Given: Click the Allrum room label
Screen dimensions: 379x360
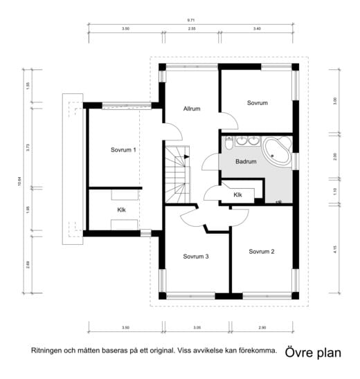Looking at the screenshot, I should (x=192, y=109).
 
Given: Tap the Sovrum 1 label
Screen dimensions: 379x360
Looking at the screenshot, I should (x=123, y=149).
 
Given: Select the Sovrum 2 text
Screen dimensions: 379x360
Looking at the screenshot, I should (x=262, y=251).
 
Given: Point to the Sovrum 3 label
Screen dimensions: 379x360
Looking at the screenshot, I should (x=196, y=256).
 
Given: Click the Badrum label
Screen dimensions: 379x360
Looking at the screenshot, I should (x=246, y=162).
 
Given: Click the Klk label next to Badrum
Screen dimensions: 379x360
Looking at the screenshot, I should (x=237, y=195).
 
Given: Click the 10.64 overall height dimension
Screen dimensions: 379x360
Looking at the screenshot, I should (x=19, y=181).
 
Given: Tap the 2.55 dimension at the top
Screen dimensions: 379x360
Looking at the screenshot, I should (x=191, y=30).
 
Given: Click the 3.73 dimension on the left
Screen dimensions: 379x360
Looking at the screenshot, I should (x=28, y=147).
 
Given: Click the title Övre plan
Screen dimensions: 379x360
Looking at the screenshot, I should (x=313, y=352).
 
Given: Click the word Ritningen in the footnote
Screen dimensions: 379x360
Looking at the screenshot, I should (x=46, y=351).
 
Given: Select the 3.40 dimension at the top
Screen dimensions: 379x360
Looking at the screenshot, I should (x=257, y=30).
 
